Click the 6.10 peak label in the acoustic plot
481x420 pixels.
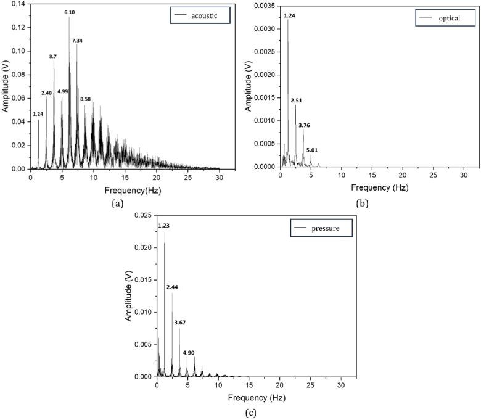pyautogui.click(x=71, y=12)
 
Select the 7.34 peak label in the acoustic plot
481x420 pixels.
pyautogui.click(x=78, y=41)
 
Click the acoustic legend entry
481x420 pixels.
pyautogui.click(x=196, y=14)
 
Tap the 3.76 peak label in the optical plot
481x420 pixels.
pyautogui.click(x=305, y=126)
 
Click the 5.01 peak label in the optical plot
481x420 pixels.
pyautogui.click(x=311, y=150)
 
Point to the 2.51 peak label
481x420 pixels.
pyautogui.click(x=296, y=101)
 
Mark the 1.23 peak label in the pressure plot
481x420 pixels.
pyautogui.click(x=164, y=226)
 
